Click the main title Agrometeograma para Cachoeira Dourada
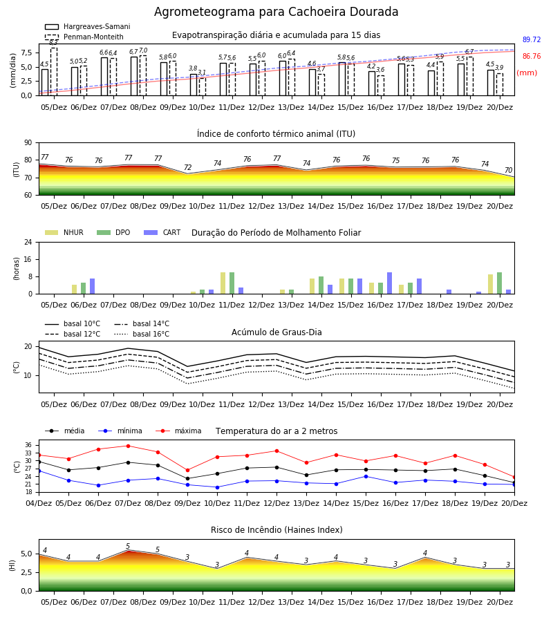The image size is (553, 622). [x=276, y=12]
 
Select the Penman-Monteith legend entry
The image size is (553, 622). [x=84, y=37]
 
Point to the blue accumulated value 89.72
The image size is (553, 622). [x=532, y=39]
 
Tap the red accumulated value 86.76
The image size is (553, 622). [x=532, y=57]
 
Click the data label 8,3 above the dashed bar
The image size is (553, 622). [x=53, y=42]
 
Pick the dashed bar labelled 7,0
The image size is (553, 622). [x=143, y=75]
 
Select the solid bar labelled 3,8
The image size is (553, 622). [x=193, y=84]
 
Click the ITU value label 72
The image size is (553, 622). [x=187, y=167]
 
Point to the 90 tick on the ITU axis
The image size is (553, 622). [x=28, y=143]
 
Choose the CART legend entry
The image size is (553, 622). [x=162, y=232]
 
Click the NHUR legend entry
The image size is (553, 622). [x=64, y=232]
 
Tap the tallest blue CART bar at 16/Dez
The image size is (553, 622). [x=390, y=283]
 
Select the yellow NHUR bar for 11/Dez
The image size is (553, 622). [x=223, y=283]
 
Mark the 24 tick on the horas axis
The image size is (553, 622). [x=28, y=242]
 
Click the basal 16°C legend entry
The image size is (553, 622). [x=142, y=334]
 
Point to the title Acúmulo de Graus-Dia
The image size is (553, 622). [x=276, y=332]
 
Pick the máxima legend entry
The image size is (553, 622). [x=179, y=431]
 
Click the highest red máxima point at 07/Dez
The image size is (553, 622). [x=128, y=446]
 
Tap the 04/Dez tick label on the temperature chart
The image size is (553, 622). [x=39, y=503]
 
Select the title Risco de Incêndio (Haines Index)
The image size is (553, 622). [x=276, y=530]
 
